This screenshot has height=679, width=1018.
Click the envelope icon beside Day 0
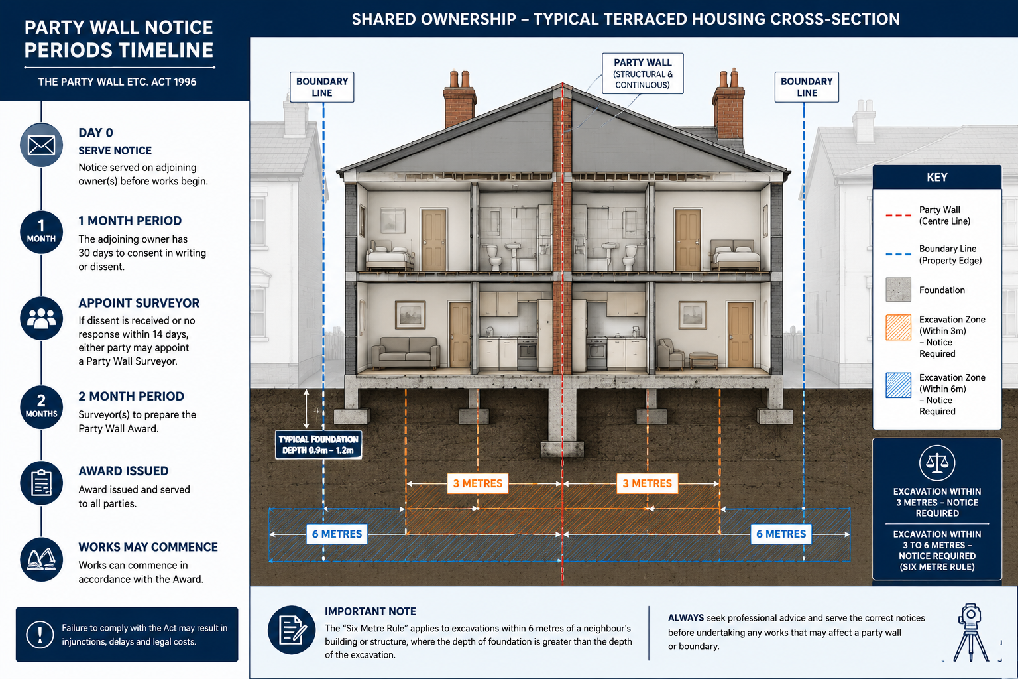tap(41, 145)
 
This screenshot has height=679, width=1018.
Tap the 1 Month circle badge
tap(41, 232)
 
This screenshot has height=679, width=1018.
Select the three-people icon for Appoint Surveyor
tap(41, 318)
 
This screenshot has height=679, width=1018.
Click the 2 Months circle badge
tap(41, 407)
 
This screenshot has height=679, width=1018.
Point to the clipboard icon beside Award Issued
tap(41, 483)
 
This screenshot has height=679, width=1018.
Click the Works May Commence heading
tap(148, 547)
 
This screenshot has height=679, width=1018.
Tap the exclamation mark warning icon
tap(40, 635)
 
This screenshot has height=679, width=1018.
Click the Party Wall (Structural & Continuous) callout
tap(643, 74)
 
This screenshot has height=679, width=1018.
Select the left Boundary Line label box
tap(321, 87)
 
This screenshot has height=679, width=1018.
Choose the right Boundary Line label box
tap(807, 87)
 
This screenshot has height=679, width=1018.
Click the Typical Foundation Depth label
tap(319, 445)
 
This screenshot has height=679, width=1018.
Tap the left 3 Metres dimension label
tap(478, 483)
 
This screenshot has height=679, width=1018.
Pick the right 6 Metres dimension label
tap(781, 534)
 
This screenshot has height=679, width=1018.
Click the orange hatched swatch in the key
tap(899, 328)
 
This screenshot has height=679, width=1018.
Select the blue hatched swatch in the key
tap(899, 385)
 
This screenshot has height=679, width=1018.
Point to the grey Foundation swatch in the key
tap(899, 290)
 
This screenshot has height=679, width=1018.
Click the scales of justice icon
tap(937, 463)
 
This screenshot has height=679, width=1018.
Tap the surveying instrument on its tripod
tap(971, 632)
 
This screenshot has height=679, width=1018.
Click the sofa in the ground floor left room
tap(406, 353)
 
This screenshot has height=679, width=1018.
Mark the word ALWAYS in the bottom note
tap(686, 618)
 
